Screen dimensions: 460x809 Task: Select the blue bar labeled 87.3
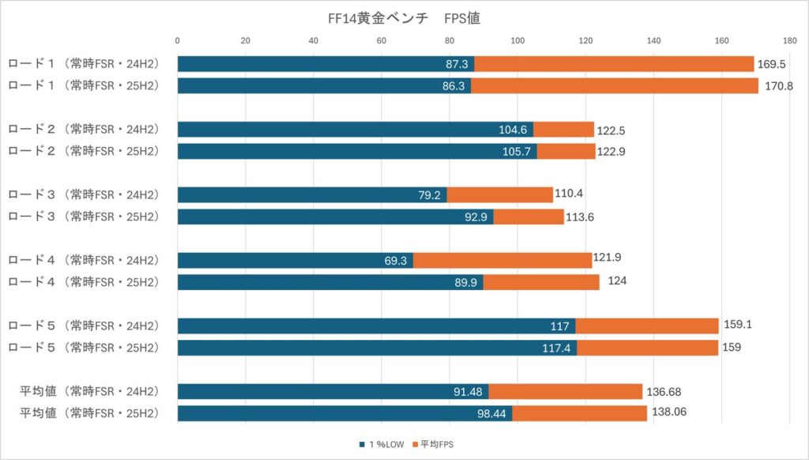pyautogui.click(x=325, y=64)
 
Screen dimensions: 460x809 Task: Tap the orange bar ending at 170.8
pyautogui.click(x=615, y=86)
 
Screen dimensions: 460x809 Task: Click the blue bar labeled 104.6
pyautogui.click(x=355, y=130)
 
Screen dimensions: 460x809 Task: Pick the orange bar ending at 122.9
pyautogui.click(x=566, y=152)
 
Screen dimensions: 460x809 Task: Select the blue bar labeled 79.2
pyautogui.click(x=312, y=194)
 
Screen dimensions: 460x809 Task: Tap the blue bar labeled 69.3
pyautogui.click(x=295, y=260)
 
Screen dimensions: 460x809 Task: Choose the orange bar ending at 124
pyautogui.click(x=541, y=282)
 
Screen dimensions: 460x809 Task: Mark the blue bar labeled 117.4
pyautogui.click(x=377, y=348)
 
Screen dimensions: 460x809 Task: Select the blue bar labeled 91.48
pyautogui.click(x=333, y=391)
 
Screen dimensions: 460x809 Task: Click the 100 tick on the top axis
pyautogui.click(x=517, y=40)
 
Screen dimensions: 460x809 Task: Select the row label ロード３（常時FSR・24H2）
pyautogui.click(x=84, y=194)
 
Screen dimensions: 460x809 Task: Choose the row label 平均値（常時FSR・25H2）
pyautogui.click(x=88, y=413)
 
